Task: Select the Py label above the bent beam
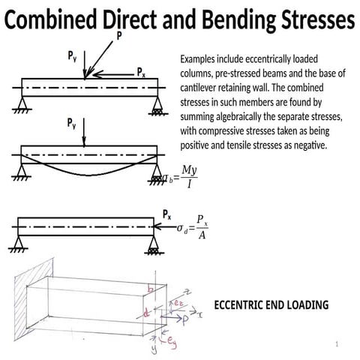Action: [72, 122]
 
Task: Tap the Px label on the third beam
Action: [168, 214]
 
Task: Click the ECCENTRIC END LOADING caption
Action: [271, 305]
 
